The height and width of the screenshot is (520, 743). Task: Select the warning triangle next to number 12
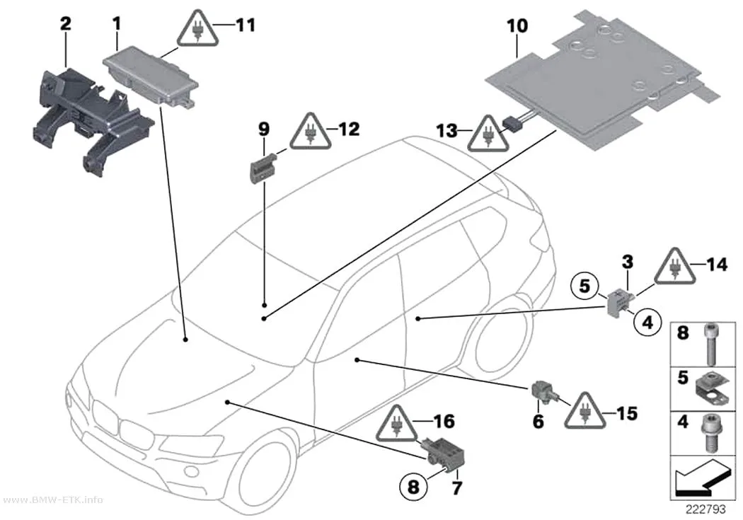click(x=311, y=132)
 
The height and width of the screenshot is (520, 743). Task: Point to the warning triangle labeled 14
click(x=675, y=267)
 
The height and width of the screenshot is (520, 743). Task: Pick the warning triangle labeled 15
click(x=585, y=412)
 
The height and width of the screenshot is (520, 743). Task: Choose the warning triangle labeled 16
click(x=396, y=424)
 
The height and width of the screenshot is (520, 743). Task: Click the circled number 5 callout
click(x=585, y=286)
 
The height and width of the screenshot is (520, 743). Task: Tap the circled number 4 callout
click(x=647, y=322)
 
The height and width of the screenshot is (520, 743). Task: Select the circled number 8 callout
click(x=414, y=486)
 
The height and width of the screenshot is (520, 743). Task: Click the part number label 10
click(x=517, y=25)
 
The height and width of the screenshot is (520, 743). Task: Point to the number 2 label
click(x=65, y=23)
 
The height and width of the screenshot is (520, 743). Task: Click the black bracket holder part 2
click(x=93, y=121)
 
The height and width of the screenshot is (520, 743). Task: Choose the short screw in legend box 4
click(x=709, y=432)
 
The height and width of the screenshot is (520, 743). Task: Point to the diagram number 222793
click(x=705, y=509)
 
